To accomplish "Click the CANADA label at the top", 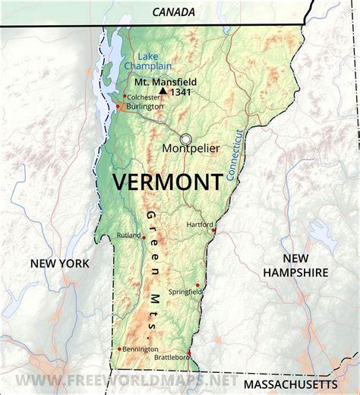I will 174,11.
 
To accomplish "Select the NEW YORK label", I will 59,264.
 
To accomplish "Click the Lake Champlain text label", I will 156,61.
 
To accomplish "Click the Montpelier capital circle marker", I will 185,139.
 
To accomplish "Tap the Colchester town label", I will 144,96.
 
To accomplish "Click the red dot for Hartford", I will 214,230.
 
